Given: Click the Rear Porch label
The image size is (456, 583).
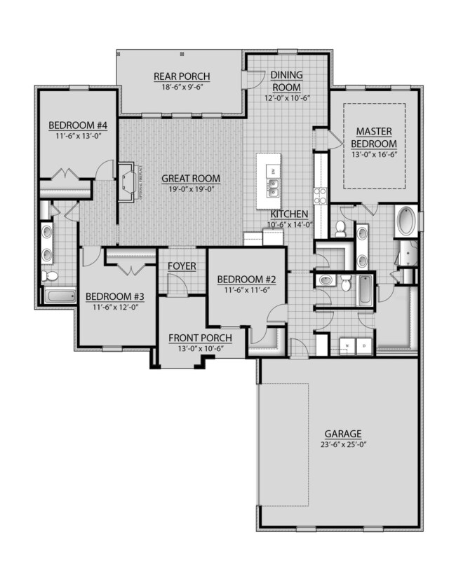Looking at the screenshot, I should pos(181,76).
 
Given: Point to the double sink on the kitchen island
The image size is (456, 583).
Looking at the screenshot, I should pos(274,188).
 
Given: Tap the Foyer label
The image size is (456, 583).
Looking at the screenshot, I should pos(182,266).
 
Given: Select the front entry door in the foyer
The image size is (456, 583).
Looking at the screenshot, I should pos(177,287).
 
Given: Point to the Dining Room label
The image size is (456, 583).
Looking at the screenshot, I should pos(286,82).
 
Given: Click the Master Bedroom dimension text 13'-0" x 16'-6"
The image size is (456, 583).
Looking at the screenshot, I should pos(373,155).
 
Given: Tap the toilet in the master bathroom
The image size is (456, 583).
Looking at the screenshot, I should pos(340,228).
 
